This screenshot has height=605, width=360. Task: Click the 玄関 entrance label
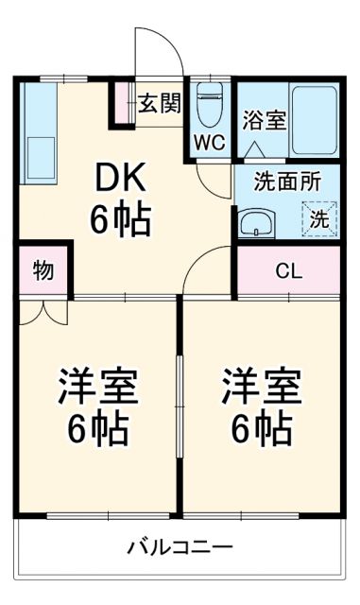(159, 103)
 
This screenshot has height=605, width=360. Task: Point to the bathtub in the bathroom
(314, 118)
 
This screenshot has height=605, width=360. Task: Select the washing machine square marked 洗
(320, 218)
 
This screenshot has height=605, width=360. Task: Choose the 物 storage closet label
(43, 271)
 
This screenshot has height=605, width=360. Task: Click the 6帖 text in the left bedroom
(97, 430)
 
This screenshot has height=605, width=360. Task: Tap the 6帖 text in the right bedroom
(262, 430)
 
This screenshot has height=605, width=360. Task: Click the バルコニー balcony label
(180, 547)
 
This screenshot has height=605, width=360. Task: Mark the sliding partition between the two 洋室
(180, 406)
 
